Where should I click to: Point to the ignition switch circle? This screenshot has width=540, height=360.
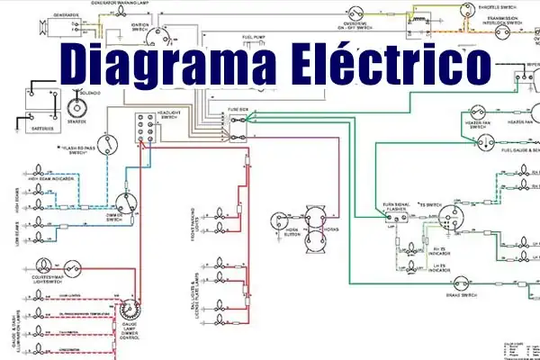coord(162,36)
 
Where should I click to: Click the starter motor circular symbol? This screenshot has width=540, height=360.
coord(76,105)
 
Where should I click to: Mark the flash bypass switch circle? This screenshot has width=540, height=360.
coord(108,148)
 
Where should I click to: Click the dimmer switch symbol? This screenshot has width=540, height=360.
coord(126,203)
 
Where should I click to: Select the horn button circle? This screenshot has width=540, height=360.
coord(279,220)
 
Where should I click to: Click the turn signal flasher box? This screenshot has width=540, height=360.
coord(396,217)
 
